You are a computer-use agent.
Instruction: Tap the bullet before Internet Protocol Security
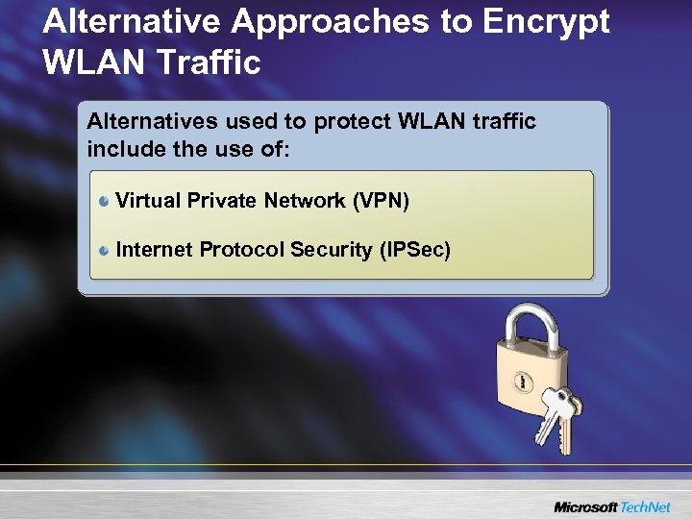pyautogui.click(x=104, y=250)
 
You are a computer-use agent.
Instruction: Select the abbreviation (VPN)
pyautogui.click(x=381, y=201)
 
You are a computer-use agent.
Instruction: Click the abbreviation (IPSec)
pyautogui.click(x=414, y=250)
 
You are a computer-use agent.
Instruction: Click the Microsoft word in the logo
pyautogui.click(x=585, y=506)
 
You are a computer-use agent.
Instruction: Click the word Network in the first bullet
pyautogui.click(x=309, y=201)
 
